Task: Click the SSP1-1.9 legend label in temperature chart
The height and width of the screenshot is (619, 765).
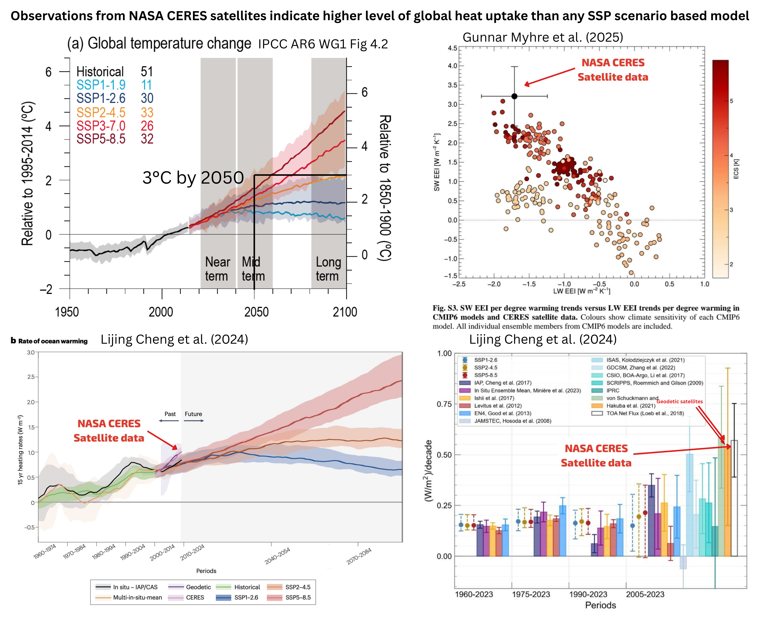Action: (101, 85)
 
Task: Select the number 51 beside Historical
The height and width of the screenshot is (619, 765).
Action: (146, 72)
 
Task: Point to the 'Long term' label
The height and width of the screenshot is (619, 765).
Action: (328, 269)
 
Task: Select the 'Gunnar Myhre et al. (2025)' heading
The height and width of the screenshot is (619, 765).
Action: (543, 37)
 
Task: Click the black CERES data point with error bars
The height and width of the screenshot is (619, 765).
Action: (514, 96)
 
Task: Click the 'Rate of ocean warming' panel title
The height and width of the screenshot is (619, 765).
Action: (53, 341)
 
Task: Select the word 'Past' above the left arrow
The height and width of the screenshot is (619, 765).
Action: (170, 414)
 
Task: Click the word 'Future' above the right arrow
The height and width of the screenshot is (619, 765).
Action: (193, 414)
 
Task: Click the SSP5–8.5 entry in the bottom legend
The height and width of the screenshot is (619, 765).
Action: (298, 598)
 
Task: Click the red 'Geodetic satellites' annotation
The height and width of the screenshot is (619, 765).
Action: (679, 402)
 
